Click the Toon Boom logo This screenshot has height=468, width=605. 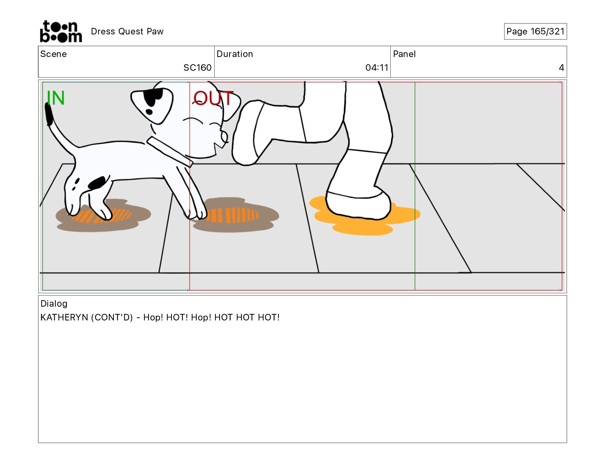coord(61,31)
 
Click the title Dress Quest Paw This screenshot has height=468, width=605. coord(127,31)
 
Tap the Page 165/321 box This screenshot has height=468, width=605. coord(535,31)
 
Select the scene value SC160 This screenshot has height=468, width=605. coord(197,67)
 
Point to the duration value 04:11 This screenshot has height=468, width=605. coord(377,67)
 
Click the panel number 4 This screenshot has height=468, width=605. coord(561,67)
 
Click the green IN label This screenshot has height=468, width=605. coord(56,98)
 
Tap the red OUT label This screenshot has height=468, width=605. coord(214,98)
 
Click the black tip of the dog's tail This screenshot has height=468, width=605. coord(49,114)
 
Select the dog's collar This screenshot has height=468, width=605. coord(170,151)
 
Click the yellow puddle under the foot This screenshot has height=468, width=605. coord(365,216)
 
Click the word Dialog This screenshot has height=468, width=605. coord(54,304)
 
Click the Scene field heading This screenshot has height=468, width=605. coord(53,54)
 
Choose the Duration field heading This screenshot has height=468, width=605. coord(235,54)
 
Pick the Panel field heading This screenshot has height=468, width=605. coord(404,54)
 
